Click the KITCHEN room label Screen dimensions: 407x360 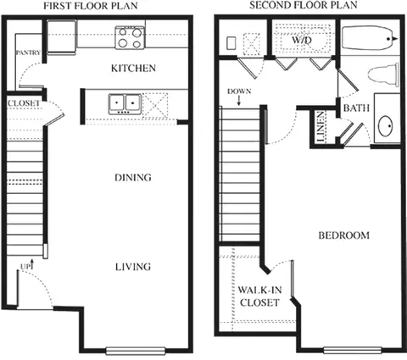tap(133, 69)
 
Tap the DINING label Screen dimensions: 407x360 tap(133, 178)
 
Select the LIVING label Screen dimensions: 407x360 tap(133, 267)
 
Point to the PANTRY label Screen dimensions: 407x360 tap(28, 53)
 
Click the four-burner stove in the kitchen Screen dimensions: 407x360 tap(130, 37)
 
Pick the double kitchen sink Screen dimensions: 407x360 tap(125, 104)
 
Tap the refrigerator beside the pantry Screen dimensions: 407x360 tap(62, 37)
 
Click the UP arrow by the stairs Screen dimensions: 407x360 tap(32, 264)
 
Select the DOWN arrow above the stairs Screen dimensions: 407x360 tap(239, 101)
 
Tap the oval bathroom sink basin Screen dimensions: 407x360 tap(386, 126)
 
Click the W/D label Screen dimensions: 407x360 tap(302, 40)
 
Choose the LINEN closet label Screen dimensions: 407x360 tap(321, 126)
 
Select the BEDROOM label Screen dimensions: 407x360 tap(344, 235)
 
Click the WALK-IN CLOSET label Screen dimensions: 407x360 tap(259, 296)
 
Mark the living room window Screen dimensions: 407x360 tap(136, 351)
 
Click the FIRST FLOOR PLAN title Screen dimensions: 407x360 tap(91, 6)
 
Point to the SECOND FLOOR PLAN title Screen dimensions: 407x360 tap(304, 5)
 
